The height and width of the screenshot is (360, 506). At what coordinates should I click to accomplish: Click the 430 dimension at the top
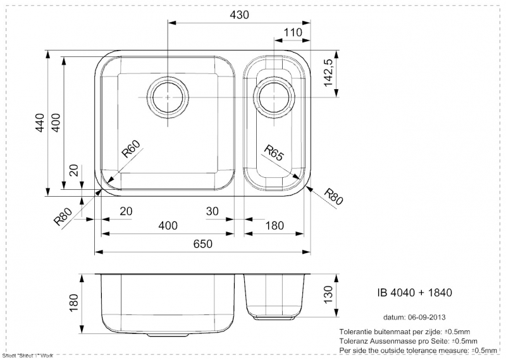(x=239, y=15)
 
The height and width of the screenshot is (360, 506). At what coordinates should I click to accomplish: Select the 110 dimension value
(x=293, y=32)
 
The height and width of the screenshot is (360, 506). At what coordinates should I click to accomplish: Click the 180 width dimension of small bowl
(x=274, y=226)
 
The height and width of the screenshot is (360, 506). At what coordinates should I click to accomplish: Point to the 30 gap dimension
(x=212, y=211)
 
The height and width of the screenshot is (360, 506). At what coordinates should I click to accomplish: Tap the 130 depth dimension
(x=328, y=294)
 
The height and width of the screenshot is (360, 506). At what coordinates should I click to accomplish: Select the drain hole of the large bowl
(x=167, y=97)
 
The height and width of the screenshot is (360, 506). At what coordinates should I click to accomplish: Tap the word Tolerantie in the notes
(x=358, y=332)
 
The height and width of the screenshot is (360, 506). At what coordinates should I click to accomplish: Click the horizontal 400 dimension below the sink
(x=168, y=226)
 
